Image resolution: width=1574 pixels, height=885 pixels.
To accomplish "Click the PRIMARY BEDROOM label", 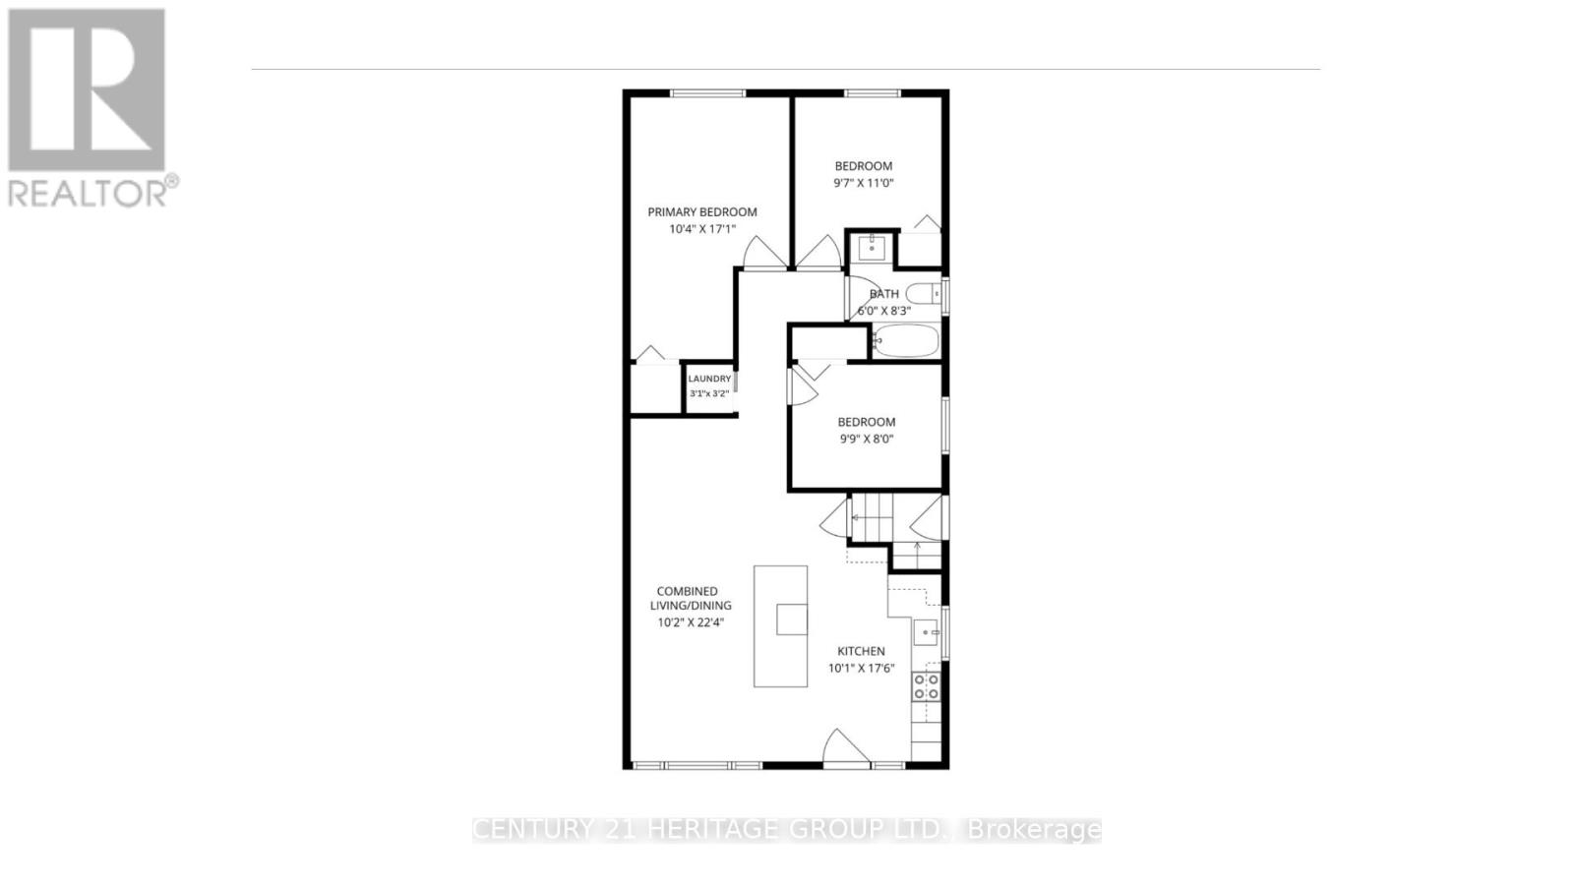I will pyautogui.click(x=701, y=211).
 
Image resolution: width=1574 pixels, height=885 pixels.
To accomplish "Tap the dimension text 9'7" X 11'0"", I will pyautogui.click(x=864, y=183).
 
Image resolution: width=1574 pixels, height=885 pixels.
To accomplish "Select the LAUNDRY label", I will pyautogui.click(x=709, y=379).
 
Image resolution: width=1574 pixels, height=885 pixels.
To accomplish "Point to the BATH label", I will pyautogui.click(x=883, y=293).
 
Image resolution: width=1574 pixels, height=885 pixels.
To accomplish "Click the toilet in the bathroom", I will pyautogui.click(x=922, y=293).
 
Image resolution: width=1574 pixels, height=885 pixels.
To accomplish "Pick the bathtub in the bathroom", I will pyautogui.click(x=906, y=340).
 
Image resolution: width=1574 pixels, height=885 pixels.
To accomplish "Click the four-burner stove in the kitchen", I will pyautogui.click(x=926, y=685).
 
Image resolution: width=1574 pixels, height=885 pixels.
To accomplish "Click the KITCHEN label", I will pyautogui.click(x=861, y=651).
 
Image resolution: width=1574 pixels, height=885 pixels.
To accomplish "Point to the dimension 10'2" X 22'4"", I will pyautogui.click(x=694, y=621).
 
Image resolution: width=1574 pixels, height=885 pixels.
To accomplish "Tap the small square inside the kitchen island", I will pyautogui.click(x=791, y=619).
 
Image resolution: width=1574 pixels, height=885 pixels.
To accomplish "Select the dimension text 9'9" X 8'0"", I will pyautogui.click(x=866, y=440).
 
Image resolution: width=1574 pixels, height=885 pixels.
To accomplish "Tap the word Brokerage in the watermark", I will pyautogui.click(x=1035, y=830).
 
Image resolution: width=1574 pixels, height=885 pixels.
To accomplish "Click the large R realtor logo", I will pyautogui.click(x=87, y=89).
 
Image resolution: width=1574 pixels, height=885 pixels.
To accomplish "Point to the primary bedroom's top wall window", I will pyautogui.click(x=707, y=93).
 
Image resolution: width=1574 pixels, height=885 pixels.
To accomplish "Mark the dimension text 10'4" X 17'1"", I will pyautogui.click(x=701, y=229).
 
